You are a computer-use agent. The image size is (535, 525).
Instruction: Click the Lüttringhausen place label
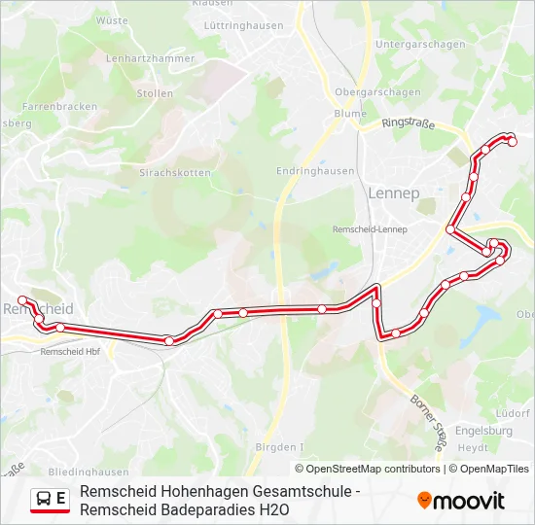click(242, 26)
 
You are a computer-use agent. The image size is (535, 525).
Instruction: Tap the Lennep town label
click(394, 193)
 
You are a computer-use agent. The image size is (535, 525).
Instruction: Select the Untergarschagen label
click(420, 45)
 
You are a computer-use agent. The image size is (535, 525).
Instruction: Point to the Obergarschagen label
click(377, 92)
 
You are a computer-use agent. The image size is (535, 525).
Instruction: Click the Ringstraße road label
click(408, 122)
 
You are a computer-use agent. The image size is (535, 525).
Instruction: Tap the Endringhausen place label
click(315, 171)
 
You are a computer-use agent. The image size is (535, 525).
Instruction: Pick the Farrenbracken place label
click(59, 105)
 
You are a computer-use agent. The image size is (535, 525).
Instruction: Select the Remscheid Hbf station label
click(70, 352)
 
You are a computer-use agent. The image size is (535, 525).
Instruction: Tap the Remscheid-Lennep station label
click(370, 229)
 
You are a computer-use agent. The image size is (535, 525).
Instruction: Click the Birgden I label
click(279, 447)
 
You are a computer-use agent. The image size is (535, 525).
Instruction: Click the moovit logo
click(461, 501)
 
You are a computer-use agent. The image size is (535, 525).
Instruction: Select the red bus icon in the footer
click(44, 500)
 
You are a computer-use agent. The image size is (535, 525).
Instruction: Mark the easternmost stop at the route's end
click(513, 142)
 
